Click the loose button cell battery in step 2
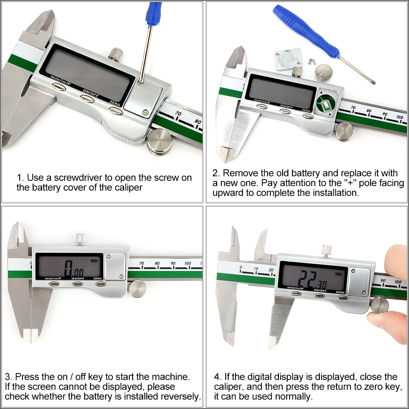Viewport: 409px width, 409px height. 324,73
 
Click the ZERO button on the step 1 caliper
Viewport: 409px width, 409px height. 116,111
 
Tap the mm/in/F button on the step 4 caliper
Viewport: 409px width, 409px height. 296,294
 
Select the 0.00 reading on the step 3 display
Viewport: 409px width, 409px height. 74,268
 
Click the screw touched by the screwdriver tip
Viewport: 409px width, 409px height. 141,83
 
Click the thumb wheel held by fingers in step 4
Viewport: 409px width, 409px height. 380,306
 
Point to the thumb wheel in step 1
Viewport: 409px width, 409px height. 160,142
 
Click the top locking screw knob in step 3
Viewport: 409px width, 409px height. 80,239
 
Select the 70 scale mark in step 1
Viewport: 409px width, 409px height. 178,114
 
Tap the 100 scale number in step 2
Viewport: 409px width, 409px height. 399,117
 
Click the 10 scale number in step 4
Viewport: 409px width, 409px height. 256,268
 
